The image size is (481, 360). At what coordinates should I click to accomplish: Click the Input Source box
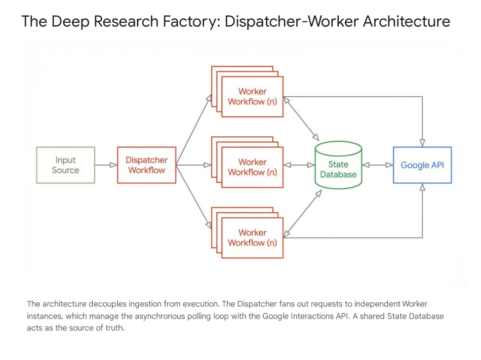[65, 165]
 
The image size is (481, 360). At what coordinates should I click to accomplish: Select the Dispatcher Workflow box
[146, 165]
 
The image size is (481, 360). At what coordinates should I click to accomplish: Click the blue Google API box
[422, 165]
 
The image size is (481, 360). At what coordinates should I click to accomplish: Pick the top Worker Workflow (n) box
[252, 96]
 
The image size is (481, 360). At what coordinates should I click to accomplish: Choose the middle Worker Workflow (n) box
[252, 167]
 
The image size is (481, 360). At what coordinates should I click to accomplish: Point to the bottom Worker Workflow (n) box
[252, 237]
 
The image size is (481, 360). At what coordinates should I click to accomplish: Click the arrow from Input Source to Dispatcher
[106, 165]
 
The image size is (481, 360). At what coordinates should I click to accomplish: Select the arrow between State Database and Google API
[378, 165]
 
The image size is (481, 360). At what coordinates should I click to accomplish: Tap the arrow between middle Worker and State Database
[299, 165]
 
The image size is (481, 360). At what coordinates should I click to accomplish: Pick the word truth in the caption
[113, 328]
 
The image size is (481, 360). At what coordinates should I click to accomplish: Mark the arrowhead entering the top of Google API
[422, 142]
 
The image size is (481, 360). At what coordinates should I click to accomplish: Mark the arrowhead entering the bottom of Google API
[422, 188]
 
